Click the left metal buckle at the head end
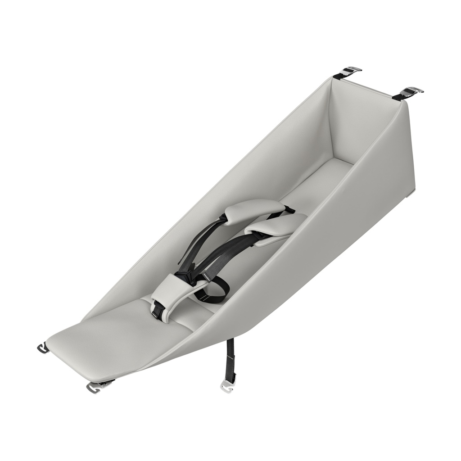(351, 71)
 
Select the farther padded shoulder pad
(254, 210)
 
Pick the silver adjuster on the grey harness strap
(208, 275)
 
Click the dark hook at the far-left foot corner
(43, 348)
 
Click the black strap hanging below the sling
(230, 356)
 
